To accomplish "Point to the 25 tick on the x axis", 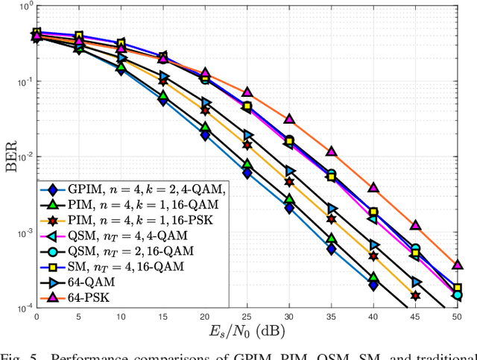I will (247, 316).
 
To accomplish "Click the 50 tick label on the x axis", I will (458, 316).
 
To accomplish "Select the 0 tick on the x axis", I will (37, 316).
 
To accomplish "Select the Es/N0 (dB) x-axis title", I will (247, 331).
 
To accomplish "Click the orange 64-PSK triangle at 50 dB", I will (458, 265).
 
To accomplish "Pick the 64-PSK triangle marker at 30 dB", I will (289, 119).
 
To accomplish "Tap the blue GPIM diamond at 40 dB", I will (373, 285).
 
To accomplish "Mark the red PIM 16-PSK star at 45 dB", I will (416, 296).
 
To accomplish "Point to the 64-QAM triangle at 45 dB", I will (416, 282).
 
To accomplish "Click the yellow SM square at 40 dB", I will (373, 212).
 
